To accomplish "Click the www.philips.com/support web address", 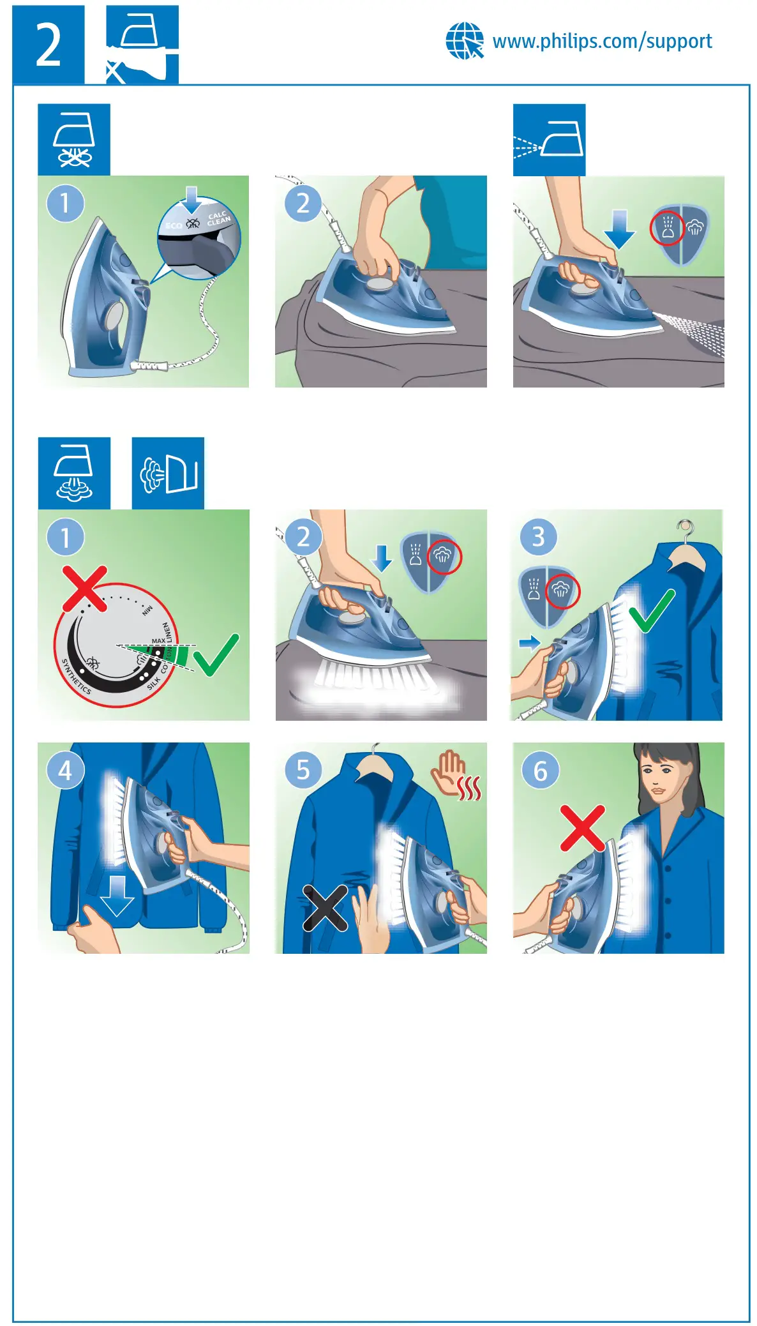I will point(602,41).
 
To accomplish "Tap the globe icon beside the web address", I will point(464,41).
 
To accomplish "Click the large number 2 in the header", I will point(48,45).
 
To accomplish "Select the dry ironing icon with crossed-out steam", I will point(74,140).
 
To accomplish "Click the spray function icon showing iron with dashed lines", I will point(549,140).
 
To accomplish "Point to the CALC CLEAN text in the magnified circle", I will point(218,218).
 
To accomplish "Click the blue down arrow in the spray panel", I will point(618,229).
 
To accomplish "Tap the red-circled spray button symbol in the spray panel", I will point(667,229).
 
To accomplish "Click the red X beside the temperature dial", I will point(85,588).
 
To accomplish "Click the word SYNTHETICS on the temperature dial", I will point(76,677).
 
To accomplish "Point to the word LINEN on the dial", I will point(167,632).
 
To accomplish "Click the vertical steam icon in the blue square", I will point(168,474).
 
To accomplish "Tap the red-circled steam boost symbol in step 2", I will point(444,556).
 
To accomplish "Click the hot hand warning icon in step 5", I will point(456,775).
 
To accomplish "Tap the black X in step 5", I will point(325,908).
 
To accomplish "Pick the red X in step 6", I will point(582,828).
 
